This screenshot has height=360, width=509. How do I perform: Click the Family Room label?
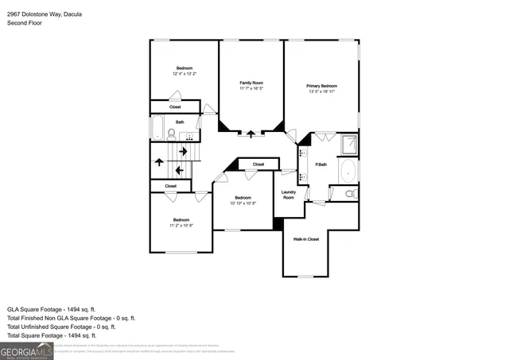click(x=251, y=83)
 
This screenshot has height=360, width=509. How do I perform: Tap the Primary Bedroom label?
click(x=321, y=85)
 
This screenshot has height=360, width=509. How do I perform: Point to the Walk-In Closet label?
click(x=305, y=239)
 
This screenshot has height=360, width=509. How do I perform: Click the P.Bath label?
click(x=322, y=165)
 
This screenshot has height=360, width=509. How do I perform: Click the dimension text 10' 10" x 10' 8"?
click(x=243, y=203)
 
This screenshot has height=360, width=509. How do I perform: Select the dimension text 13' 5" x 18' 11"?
click(x=321, y=91)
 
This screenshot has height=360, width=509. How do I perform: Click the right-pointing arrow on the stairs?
click(x=183, y=151)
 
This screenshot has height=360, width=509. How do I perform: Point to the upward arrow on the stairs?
click(x=159, y=162)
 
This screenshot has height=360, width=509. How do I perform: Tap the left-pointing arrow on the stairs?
click(x=180, y=169)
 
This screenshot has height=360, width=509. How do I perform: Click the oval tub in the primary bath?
click(x=348, y=170)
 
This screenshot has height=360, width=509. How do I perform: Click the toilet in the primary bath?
click(x=351, y=193)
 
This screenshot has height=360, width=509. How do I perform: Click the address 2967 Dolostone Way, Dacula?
click(x=43, y=14)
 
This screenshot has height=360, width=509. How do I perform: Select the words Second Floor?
click(x=24, y=24)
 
